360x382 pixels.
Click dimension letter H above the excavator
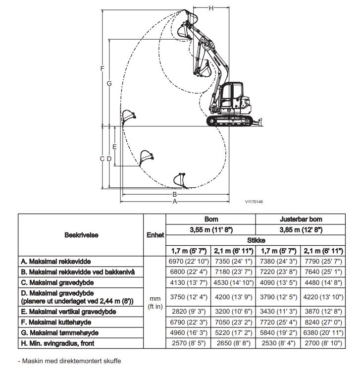pos(211,7)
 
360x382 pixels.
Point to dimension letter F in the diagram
pos(102,68)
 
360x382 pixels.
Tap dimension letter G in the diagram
pos(109,83)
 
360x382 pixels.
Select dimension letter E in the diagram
pos(114,147)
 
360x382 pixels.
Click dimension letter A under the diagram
pos(174,202)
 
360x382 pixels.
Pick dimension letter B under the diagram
pos(174,194)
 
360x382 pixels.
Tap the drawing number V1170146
pos(254,202)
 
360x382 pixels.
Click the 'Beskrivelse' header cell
pos(81,235)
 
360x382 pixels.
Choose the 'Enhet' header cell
pos(155,235)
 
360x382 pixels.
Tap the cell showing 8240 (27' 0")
pos(323,322)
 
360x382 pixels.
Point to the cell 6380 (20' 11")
pos(323,332)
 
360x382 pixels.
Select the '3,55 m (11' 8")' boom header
pos(210,229)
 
